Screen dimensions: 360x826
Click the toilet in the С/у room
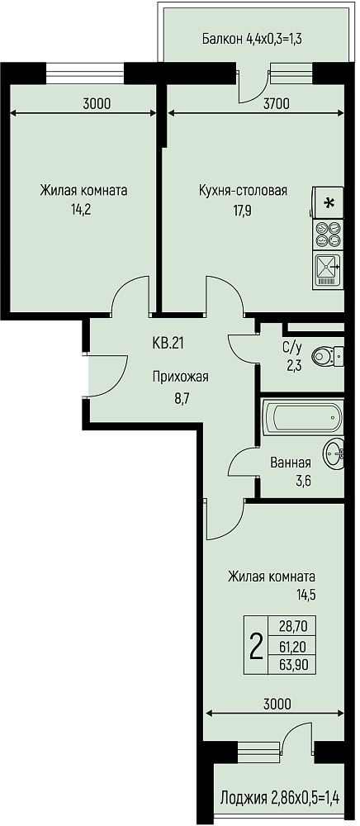pyautogui.click(x=328, y=356)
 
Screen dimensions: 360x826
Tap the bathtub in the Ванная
pyautogui.click(x=303, y=418)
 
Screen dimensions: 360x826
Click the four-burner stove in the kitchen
pyautogui.click(x=327, y=235)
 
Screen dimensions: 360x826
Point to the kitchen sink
pyautogui.click(x=327, y=270)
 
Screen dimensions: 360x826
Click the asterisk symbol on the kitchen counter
pyautogui.click(x=329, y=203)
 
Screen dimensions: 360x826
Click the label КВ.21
pyautogui.click(x=168, y=344)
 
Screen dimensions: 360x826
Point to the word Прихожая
pyautogui.click(x=181, y=377)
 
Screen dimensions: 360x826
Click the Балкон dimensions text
pyautogui.click(x=254, y=39)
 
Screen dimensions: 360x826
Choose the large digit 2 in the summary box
pyautogui.click(x=255, y=645)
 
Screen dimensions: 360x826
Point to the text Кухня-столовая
pyautogui.click(x=243, y=190)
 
